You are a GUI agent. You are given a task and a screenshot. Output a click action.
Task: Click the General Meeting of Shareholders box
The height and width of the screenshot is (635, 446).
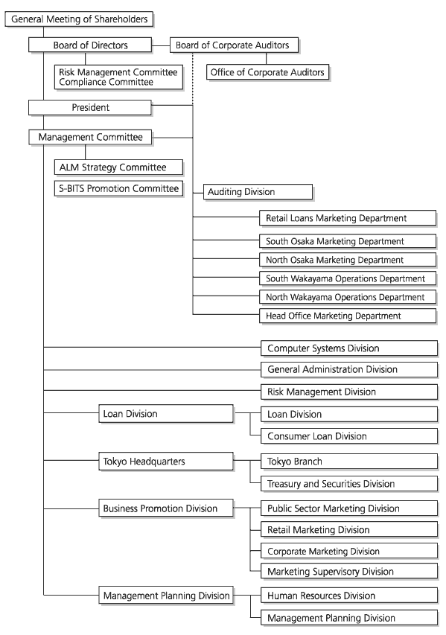(79, 19)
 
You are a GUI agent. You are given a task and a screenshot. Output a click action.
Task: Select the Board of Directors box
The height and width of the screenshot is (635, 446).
(90, 45)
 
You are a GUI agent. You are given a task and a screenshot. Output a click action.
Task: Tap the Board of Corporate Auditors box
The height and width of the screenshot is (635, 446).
(234, 45)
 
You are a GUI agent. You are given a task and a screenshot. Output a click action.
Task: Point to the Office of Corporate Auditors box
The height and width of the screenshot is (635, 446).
(267, 72)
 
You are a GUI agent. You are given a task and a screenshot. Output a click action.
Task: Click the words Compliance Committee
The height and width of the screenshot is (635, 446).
(106, 82)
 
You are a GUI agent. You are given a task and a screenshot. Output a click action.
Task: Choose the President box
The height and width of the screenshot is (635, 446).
(90, 108)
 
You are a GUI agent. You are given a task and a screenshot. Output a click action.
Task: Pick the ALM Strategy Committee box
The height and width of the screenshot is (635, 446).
(118, 167)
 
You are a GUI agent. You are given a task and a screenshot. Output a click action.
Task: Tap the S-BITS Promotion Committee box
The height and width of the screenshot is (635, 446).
(118, 189)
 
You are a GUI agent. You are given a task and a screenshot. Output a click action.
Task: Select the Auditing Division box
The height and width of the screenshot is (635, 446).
(258, 192)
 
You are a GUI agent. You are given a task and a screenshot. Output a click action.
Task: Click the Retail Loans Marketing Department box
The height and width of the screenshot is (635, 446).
(348, 218)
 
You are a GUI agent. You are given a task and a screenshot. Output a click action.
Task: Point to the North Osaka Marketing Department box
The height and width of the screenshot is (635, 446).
(348, 260)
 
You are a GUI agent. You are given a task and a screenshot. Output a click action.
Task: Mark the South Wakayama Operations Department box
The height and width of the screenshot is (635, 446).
(348, 278)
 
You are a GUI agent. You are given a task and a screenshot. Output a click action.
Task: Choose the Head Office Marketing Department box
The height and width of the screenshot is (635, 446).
(348, 316)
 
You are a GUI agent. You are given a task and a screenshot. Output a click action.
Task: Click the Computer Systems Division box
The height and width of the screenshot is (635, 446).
(349, 348)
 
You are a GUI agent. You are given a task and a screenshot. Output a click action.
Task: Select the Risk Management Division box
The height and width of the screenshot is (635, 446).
(349, 392)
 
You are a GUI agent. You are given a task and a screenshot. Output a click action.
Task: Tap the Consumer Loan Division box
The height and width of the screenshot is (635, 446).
(349, 436)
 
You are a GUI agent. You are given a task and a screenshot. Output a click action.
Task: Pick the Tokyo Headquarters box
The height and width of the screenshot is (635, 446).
(166, 462)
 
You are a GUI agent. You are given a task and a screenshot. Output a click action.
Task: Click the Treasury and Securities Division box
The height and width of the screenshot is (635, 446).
(349, 484)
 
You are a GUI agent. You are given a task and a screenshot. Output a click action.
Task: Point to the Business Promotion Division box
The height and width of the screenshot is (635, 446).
(166, 508)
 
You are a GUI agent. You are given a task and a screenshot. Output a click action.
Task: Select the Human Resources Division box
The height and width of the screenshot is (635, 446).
(349, 596)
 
